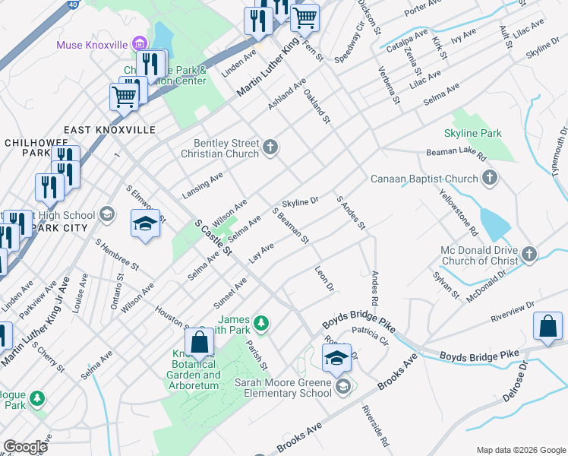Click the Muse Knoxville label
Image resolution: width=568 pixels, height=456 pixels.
tap(92, 44)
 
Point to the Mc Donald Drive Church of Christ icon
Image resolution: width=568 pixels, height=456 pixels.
tap(529, 253)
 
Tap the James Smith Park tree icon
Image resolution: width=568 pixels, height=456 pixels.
tap(261, 325)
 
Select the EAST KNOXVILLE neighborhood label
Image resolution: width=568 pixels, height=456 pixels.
tap(109, 130)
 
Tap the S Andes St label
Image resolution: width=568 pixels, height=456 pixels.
tap(351, 212)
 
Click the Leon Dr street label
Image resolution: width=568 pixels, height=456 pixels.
tap(324, 279)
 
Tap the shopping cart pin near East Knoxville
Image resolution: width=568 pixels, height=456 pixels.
tap(124, 96)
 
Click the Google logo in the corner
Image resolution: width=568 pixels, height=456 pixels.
tap(25, 446)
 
